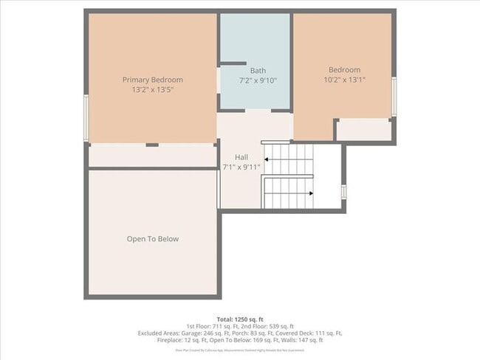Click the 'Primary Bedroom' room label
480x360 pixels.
[x=152, y=80]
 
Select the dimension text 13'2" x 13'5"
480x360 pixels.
[x=152, y=89]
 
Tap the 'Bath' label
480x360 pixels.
[x=257, y=71]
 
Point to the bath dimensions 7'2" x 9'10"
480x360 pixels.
[x=257, y=80]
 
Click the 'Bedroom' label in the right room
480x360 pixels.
[x=344, y=70]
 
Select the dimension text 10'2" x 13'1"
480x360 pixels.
[x=344, y=80]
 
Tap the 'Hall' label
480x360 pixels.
[x=241, y=157]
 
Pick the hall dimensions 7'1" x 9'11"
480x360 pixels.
[x=241, y=167]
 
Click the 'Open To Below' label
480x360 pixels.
[x=152, y=239]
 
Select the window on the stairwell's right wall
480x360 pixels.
[x=343, y=191]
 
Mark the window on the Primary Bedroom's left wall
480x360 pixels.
[x=86, y=117]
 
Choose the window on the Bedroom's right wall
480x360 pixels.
[x=394, y=97]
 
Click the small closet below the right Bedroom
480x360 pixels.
[x=363, y=130]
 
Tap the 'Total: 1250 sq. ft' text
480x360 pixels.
[x=240, y=318]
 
